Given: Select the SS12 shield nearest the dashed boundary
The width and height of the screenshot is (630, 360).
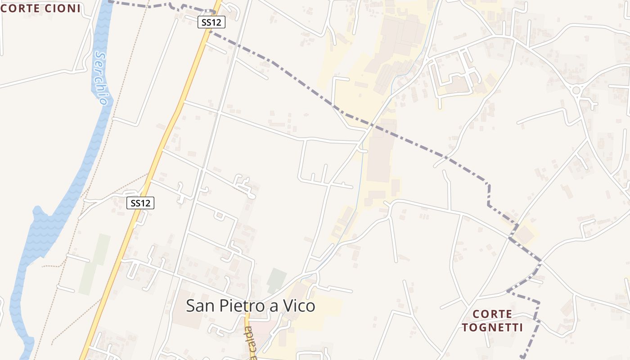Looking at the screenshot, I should click(x=211, y=22).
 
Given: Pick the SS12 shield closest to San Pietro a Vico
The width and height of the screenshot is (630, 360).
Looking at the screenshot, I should click(x=140, y=203).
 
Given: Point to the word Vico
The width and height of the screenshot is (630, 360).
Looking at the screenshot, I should click(x=299, y=306).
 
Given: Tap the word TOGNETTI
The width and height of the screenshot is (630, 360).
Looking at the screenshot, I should click(x=492, y=327).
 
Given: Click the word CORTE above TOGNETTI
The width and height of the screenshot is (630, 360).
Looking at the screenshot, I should click(x=492, y=314).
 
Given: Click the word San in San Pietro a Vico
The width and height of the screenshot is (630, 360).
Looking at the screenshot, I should click(x=201, y=306).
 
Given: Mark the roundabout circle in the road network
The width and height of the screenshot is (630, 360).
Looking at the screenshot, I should click(x=576, y=90).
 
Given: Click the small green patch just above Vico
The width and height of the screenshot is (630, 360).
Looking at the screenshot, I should click(x=276, y=280).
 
